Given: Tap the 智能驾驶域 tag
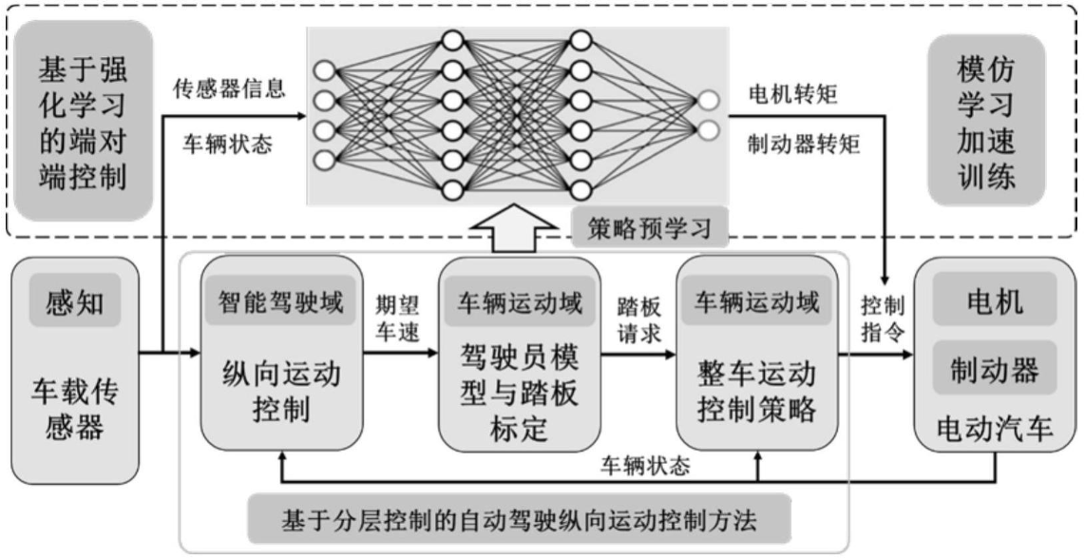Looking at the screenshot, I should click(x=283, y=303).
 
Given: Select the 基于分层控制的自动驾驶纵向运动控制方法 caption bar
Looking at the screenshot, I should click(x=523, y=519).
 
